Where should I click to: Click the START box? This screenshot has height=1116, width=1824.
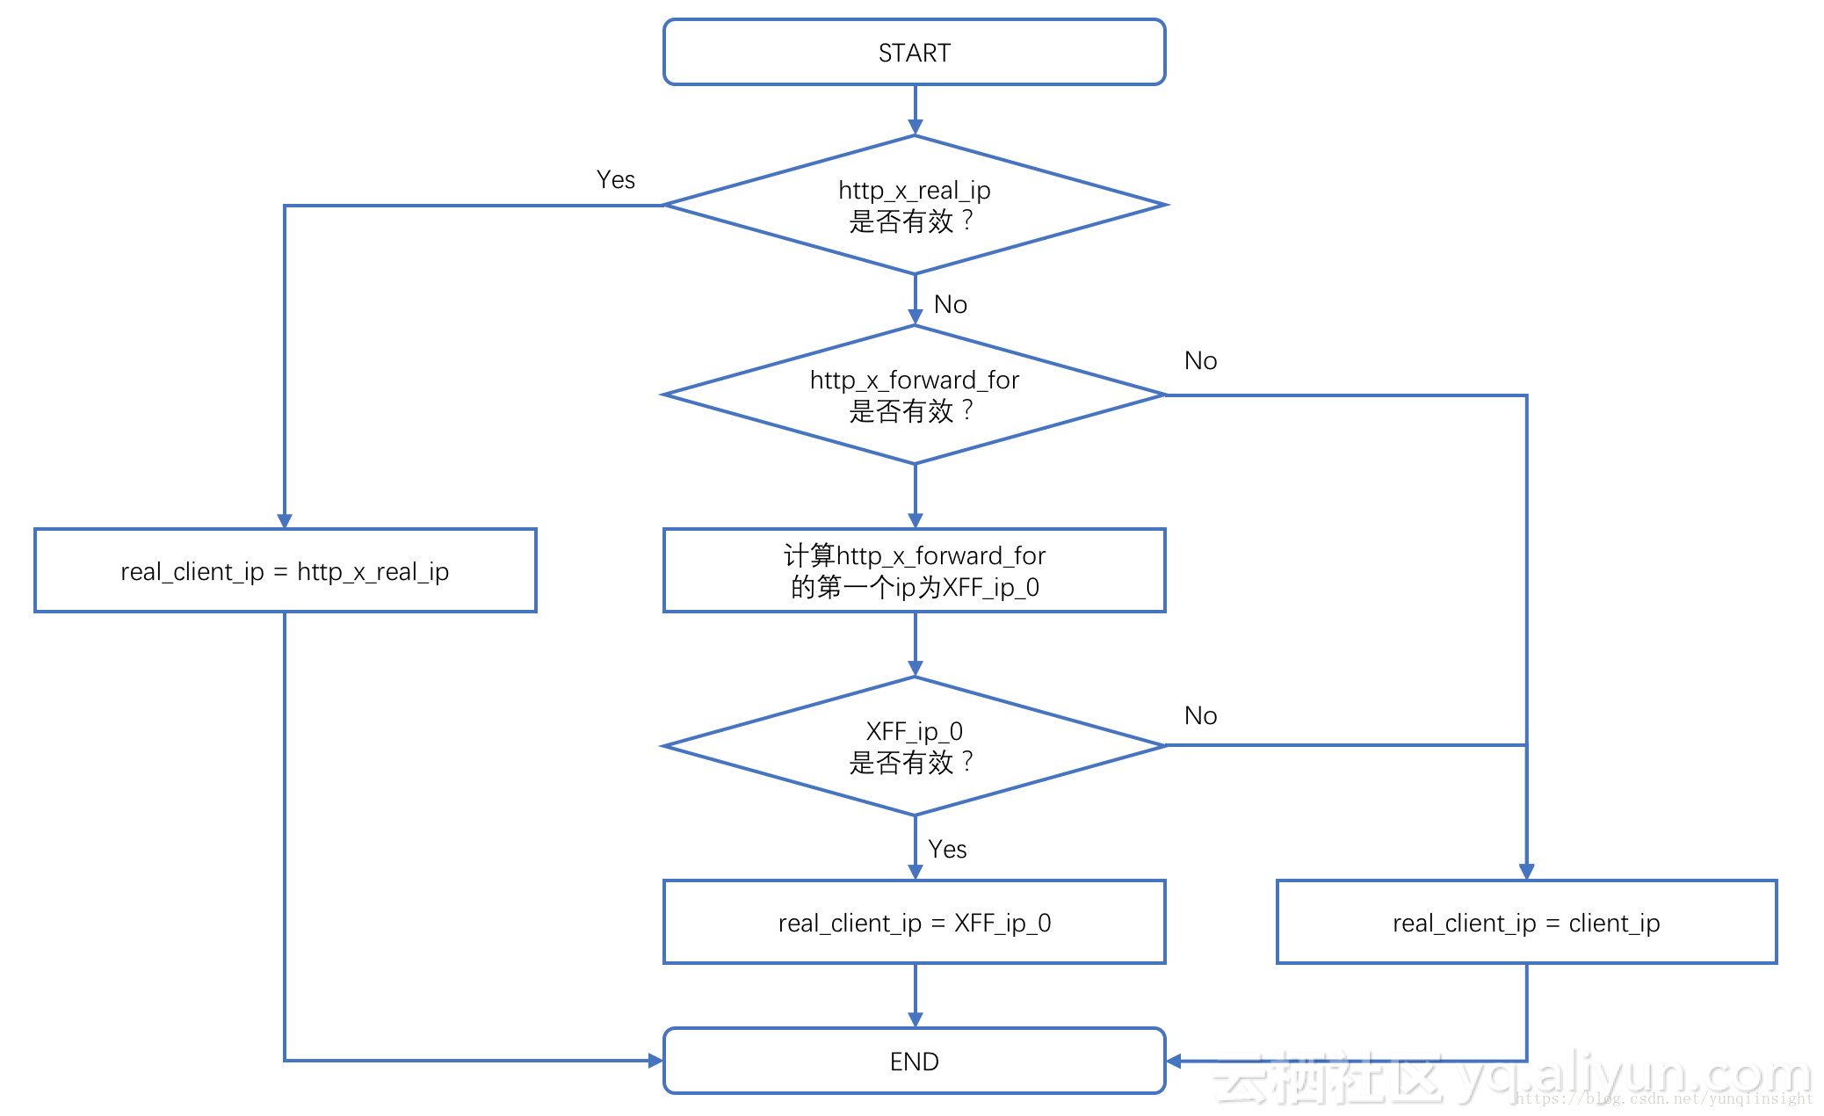click(x=914, y=52)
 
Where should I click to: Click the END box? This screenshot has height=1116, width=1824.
click(x=914, y=1061)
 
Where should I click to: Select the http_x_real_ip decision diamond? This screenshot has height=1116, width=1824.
click(x=914, y=205)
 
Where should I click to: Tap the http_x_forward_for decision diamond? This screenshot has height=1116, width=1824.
click(x=914, y=395)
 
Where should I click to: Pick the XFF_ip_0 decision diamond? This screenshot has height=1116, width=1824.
click(x=914, y=746)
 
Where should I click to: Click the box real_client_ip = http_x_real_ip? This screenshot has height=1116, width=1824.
click(x=285, y=570)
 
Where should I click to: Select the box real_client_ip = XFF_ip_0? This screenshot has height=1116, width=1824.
click(x=914, y=922)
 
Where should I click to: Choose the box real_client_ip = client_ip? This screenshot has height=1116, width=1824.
click(x=1526, y=922)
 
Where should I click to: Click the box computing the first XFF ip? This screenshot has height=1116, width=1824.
click(x=914, y=570)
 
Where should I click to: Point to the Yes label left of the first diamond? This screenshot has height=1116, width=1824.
click(x=615, y=180)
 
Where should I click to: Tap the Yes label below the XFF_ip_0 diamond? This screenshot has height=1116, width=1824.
click(x=947, y=849)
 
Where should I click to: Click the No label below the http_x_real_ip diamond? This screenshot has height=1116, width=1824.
click(x=951, y=304)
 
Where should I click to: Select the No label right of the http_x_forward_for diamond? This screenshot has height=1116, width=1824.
click(x=1200, y=360)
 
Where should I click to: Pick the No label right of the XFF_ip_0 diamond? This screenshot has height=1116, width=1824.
click(x=1200, y=715)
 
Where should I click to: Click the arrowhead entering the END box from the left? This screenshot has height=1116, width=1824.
click(x=655, y=1061)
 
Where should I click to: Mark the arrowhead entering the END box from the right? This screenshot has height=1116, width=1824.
click(x=1174, y=1061)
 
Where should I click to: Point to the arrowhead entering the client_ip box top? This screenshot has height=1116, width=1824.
click(x=1526, y=871)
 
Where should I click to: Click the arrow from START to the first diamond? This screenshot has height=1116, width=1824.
click(x=915, y=110)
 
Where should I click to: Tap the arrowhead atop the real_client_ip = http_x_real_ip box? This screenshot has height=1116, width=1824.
click(x=285, y=520)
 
